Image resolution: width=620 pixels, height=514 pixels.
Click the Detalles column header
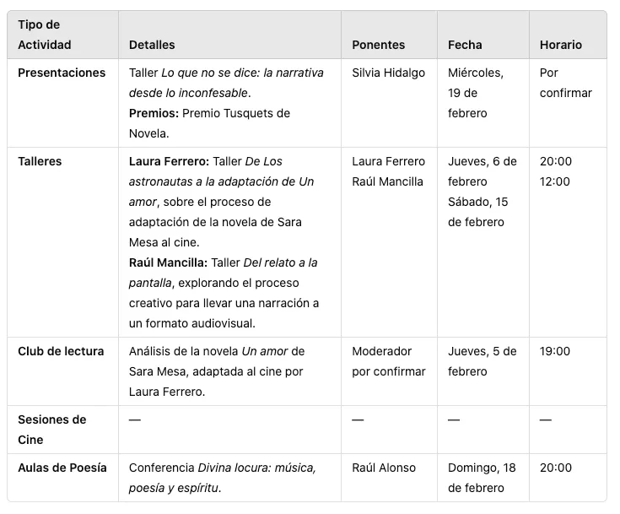point(152,45)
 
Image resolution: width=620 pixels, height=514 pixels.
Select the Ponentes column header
point(378,45)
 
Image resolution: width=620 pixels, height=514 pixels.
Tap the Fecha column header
point(465,45)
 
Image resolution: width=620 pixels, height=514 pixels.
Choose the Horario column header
point(561,45)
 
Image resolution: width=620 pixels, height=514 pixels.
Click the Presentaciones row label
point(62,73)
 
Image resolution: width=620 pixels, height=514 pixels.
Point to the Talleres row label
point(40,161)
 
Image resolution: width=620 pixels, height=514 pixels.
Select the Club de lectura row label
point(61,351)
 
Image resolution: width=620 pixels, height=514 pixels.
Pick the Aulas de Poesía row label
point(62,468)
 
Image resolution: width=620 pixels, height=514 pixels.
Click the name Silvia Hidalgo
point(388,73)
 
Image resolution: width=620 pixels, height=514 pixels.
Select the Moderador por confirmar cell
point(388,361)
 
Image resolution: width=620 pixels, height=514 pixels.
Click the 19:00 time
point(555,351)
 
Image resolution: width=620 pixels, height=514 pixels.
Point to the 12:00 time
point(555,181)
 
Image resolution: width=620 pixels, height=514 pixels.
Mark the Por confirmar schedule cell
point(565,83)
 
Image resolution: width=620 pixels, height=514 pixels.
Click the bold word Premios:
point(154,113)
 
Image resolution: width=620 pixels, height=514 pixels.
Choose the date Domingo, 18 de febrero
point(482,478)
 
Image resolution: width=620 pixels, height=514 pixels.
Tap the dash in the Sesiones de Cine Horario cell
point(545,420)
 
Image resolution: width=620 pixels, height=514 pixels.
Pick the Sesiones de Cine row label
point(51,429)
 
